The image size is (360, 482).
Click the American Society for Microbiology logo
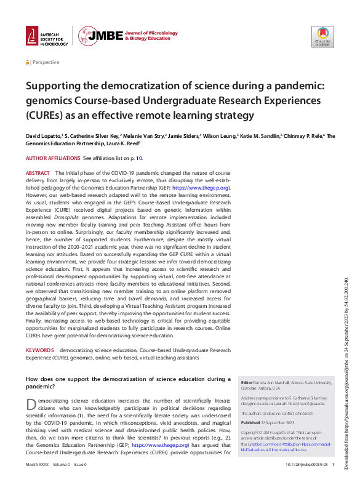coord(46,36)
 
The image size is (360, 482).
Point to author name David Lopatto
coord(42,136)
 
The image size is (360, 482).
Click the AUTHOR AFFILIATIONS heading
coord(53,158)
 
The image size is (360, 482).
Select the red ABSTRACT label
coord(38,173)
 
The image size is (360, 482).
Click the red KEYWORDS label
coord(39,350)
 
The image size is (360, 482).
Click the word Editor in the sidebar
coord(247,383)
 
